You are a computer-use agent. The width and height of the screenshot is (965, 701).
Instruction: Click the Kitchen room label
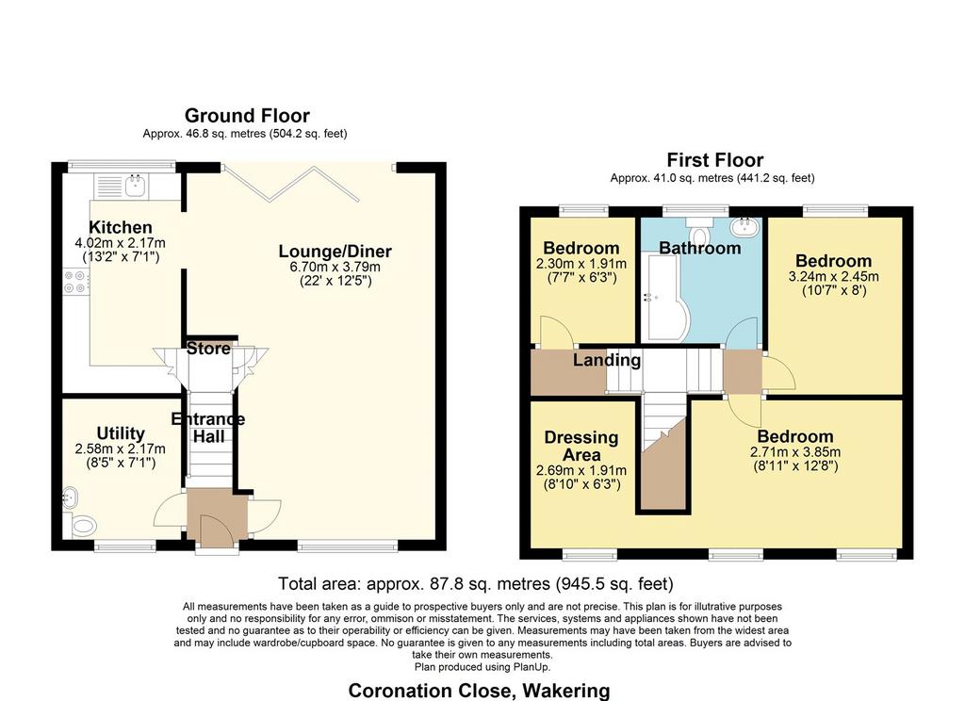tap(121, 227)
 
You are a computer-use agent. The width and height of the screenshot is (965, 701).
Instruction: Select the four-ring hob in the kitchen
tap(75, 282)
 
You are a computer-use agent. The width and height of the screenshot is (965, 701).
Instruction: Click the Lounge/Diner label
tap(335, 252)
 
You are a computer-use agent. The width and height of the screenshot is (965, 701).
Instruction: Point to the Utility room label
tap(121, 433)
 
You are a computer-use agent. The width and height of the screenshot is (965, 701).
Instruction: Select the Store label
tap(208, 349)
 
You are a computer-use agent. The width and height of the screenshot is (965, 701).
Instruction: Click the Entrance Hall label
tap(208, 428)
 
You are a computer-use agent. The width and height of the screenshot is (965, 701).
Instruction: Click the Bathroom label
tap(700, 248)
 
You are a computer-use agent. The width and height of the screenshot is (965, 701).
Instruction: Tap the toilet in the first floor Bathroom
tap(699, 232)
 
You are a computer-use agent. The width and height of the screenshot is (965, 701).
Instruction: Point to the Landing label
tap(607, 359)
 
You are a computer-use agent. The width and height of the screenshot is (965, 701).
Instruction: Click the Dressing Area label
tap(581, 447)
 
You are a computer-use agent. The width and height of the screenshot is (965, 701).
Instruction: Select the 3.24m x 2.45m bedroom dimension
tap(834, 277)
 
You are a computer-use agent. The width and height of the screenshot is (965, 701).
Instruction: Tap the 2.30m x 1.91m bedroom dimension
tap(581, 264)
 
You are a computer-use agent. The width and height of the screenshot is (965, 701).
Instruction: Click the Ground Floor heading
tap(248, 116)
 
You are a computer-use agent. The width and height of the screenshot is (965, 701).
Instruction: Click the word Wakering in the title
tap(564, 691)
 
